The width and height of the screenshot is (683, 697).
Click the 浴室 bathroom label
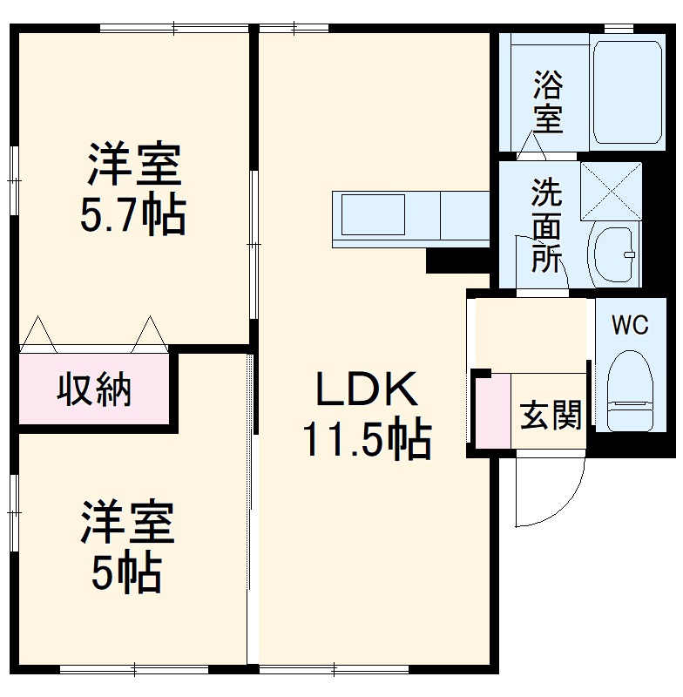pyautogui.click(x=548, y=102)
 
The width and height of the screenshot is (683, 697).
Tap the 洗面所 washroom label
pyautogui.click(x=547, y=225)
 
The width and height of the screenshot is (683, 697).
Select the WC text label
pyautogui.click(x=629, y=325)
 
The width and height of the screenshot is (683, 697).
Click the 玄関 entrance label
pyautogui.click(x=551, y=416)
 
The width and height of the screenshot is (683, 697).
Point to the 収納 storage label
pyautogui.click(x=94, y=389)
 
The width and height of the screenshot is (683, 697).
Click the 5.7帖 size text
pyautogui.click(x=132, y=217)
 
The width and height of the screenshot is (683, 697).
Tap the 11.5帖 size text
pyautogui.click(x=367, y=441)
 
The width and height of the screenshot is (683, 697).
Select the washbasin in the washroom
pyautogui.click(x=613, y=253)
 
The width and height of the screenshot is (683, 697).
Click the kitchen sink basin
pyautogui.click(x=373, y=214)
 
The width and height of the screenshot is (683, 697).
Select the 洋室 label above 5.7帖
pyautogui.click(x=132, y=166)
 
